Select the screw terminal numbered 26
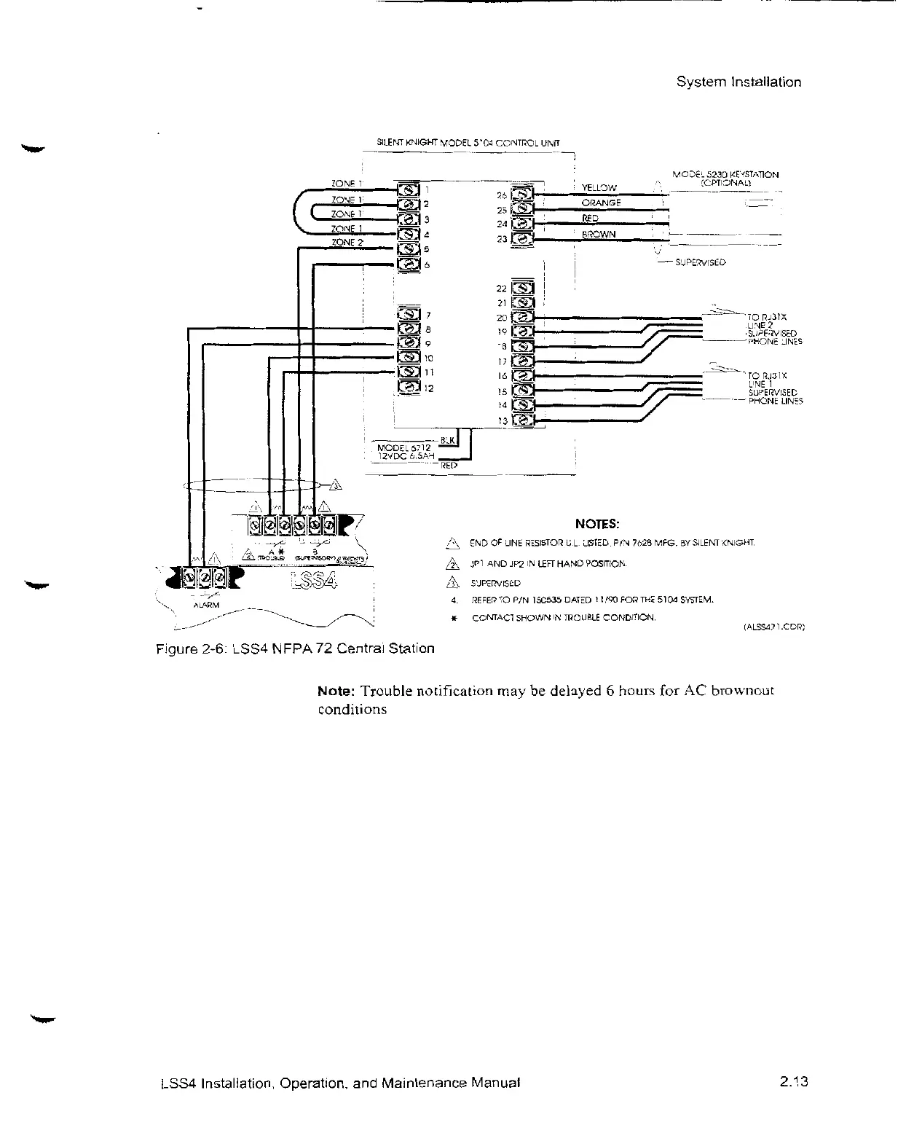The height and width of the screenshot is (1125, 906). [524, 194]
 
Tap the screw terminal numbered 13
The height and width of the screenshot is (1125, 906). [524, 420]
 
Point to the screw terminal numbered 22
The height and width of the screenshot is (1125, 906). [524, 289]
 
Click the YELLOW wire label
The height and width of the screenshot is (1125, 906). [599, 188]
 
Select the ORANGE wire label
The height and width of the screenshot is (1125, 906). [601, 203]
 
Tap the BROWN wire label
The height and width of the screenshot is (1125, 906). [599, 234]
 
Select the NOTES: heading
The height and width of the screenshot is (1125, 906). [597, 524]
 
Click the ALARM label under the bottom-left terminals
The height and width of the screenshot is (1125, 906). [205, 605]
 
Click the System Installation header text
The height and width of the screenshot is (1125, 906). [738, 82]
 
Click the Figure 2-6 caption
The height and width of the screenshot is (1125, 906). [296, 648]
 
